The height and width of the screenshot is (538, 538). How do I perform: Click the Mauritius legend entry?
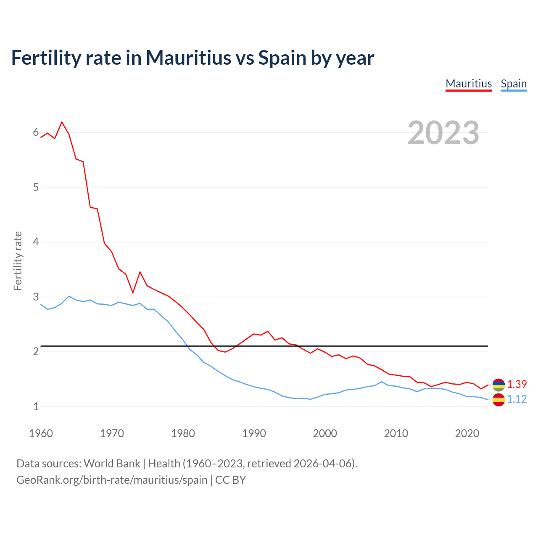(x=469, y=84)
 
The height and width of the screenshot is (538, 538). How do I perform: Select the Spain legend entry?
(x=514, y=84)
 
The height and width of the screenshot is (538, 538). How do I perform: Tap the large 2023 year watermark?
(x=443, y=133)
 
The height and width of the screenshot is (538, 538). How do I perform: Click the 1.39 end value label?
(x=517, y=384)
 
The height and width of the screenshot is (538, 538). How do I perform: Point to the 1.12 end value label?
(x=517, y=399)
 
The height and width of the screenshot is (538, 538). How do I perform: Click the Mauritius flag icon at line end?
(x=498, y=384)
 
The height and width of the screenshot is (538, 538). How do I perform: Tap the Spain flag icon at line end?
(x=498, y=400)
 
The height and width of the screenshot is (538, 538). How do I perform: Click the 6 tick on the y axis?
(x=36, y=132)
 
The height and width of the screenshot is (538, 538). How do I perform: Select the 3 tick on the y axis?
(x=36, y=297)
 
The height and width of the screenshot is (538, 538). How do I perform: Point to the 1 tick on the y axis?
(x=36, y=406)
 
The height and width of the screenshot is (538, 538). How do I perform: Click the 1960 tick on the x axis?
(x=41, y=433)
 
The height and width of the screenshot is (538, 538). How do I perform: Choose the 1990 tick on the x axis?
(x=254, y=433)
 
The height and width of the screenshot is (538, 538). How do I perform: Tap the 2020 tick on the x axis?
(x=467, y=433)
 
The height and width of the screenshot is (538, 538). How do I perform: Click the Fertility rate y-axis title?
(x=18, y=261)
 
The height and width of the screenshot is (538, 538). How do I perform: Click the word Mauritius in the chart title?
(x=188, y=58)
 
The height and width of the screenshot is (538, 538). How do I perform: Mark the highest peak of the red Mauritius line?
(x=62, y=122)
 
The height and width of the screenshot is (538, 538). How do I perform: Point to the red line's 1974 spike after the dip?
(x=140, y=272)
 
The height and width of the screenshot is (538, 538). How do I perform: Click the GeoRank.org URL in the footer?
(x=112, y=480)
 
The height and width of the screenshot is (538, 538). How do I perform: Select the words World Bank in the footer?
(x=112, y=463)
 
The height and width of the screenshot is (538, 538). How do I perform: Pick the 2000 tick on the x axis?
(x=325, y=433)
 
